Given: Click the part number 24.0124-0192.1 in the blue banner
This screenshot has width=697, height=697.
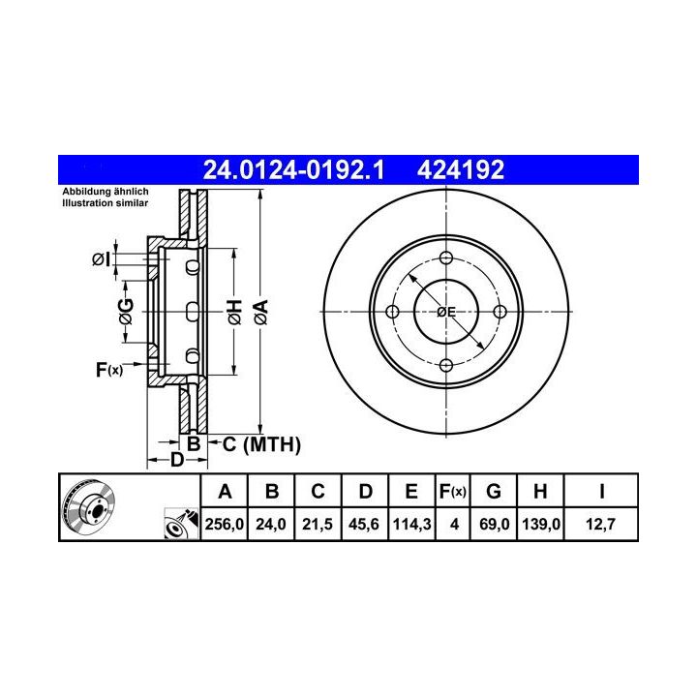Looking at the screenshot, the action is (x=293, y=169).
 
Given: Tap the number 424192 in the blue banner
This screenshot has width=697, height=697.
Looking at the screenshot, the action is (x=461, y=169).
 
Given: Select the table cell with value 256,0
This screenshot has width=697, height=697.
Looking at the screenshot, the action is (x=225, y=524).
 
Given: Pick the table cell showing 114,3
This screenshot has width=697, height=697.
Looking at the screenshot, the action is (x=411, y=524).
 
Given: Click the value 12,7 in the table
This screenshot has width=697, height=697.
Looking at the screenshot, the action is (x=600, y=524).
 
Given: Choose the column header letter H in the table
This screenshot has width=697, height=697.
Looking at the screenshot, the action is (x=540, y=491).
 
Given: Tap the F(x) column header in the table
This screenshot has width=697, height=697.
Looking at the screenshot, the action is (x=452, y=491).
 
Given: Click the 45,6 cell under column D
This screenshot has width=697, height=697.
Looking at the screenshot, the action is (x=364, y=524).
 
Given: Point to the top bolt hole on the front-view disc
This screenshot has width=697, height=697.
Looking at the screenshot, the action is (x=446, y=258).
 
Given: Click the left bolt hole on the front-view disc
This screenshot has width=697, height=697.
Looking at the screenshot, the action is (x=392, y=312).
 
